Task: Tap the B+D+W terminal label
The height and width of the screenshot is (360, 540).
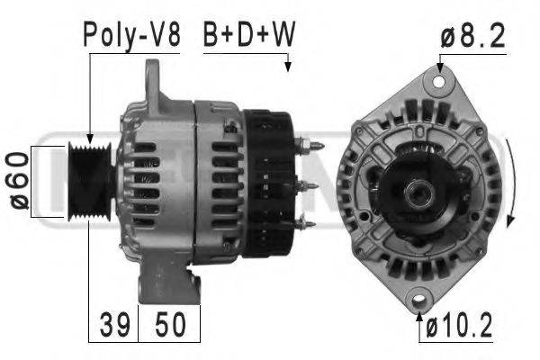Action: click(x=249, y=34)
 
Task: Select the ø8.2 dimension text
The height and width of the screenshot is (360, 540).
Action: click(x=472, y=35)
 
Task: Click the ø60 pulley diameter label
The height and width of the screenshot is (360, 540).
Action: click(x=19, y=181)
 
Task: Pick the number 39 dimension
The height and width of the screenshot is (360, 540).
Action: click(x=115, y=324)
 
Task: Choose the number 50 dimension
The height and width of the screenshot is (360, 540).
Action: click(x=170, y=324)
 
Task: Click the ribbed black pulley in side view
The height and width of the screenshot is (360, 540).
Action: click(x=90, y=181)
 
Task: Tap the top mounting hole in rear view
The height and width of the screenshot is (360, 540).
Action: click(x=439, y=82)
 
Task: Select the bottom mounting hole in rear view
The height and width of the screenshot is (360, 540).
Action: click(x=419, y=298)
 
